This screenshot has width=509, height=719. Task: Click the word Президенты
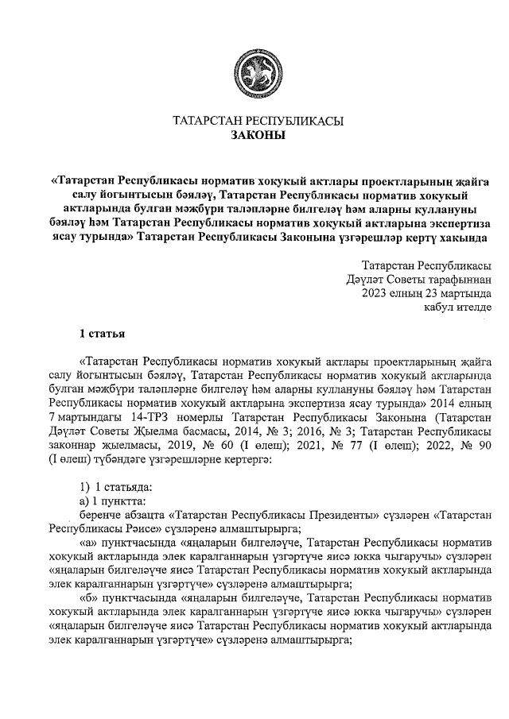coord(330,514)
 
